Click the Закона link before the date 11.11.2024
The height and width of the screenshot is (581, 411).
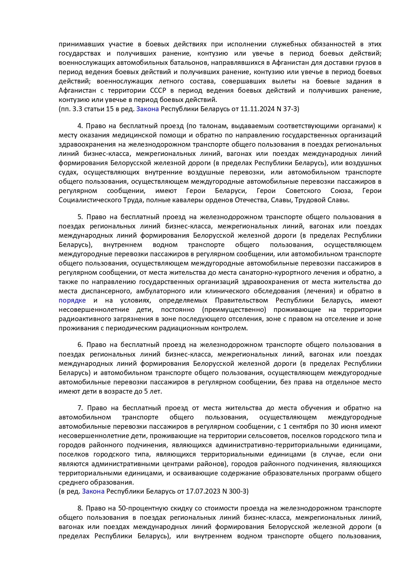pos(147,109)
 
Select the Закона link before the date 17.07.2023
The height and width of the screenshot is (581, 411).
pos(93,491)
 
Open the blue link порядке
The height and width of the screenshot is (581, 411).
pos(72,300)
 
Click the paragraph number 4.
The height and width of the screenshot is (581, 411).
pos(79,126)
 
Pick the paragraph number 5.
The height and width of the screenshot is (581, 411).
pos(79,217)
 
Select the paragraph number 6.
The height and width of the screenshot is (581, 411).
pos(79,345)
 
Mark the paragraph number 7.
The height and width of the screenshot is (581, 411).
pos(79,408)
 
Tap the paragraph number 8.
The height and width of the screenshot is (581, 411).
pos(79,508)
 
